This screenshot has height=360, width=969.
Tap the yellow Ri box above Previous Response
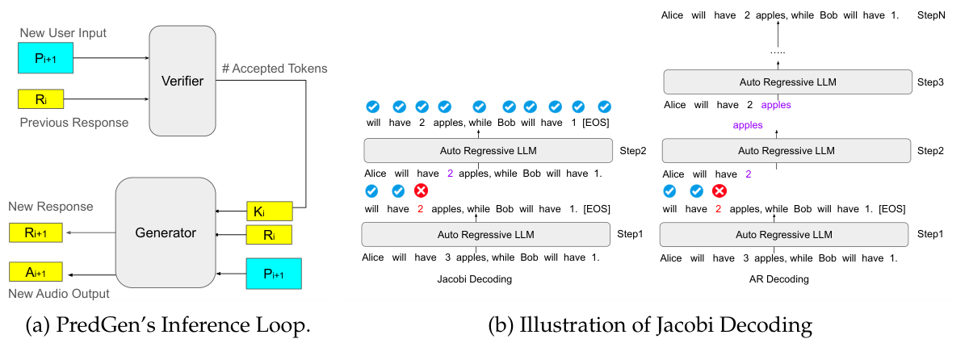pyautogui.click(x=40, y=100)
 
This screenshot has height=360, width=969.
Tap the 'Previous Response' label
pyautogui.click(x=73, y=123)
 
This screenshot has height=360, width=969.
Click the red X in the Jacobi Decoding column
pyautogui.click(x=421, y=191)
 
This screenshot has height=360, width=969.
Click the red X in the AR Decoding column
pyautogui.click(x=719, y=191)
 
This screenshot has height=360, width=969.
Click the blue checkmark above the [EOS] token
pyautogui.click(x=605, y=107)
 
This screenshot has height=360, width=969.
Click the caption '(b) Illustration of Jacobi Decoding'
pyautogui.click(x=650, y=327)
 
